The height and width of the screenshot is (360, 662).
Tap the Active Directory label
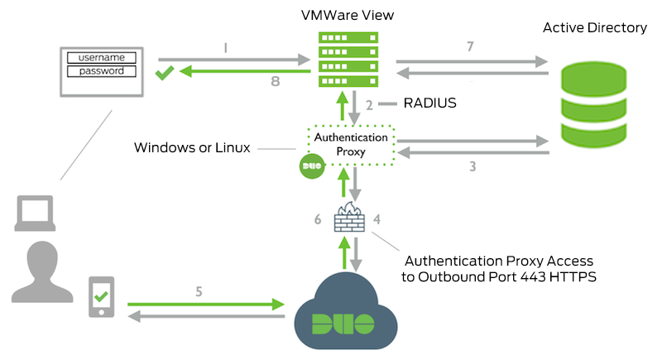click(x=594, y=27)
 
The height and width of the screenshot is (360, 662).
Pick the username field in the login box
click(x=101, y=57)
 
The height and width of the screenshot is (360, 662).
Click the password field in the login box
click(x=101, y=71)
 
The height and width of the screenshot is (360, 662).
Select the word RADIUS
click(x=429, y=104)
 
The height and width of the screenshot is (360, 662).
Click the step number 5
click(x=199, y=290)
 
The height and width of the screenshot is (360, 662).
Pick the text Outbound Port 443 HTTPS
click(x=499, y=276)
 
